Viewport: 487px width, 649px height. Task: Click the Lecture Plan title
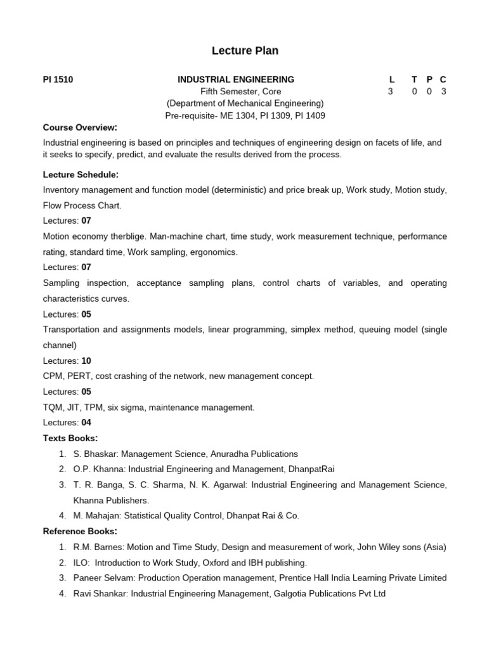pyautogui.click(x=245, y=51)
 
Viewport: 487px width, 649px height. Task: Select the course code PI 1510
pyautogui.click(x=58, y=79)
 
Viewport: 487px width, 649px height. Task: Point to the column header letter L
pyautogui.click(x=392, y=79)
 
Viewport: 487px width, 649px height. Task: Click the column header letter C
pyautogui.click(x=443, y=79)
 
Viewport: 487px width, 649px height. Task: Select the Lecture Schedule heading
pyautogui.click(x=81, y=174)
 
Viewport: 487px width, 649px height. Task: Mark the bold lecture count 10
pyautogui.click(x=86, y=361)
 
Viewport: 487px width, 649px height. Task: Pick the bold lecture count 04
pyautogui.click(x=86, y=422)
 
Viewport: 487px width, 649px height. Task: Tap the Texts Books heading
pyautogui.click(x=70, y=438)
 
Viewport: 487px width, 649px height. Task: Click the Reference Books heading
pyautogui.click(x=80, y=530)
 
